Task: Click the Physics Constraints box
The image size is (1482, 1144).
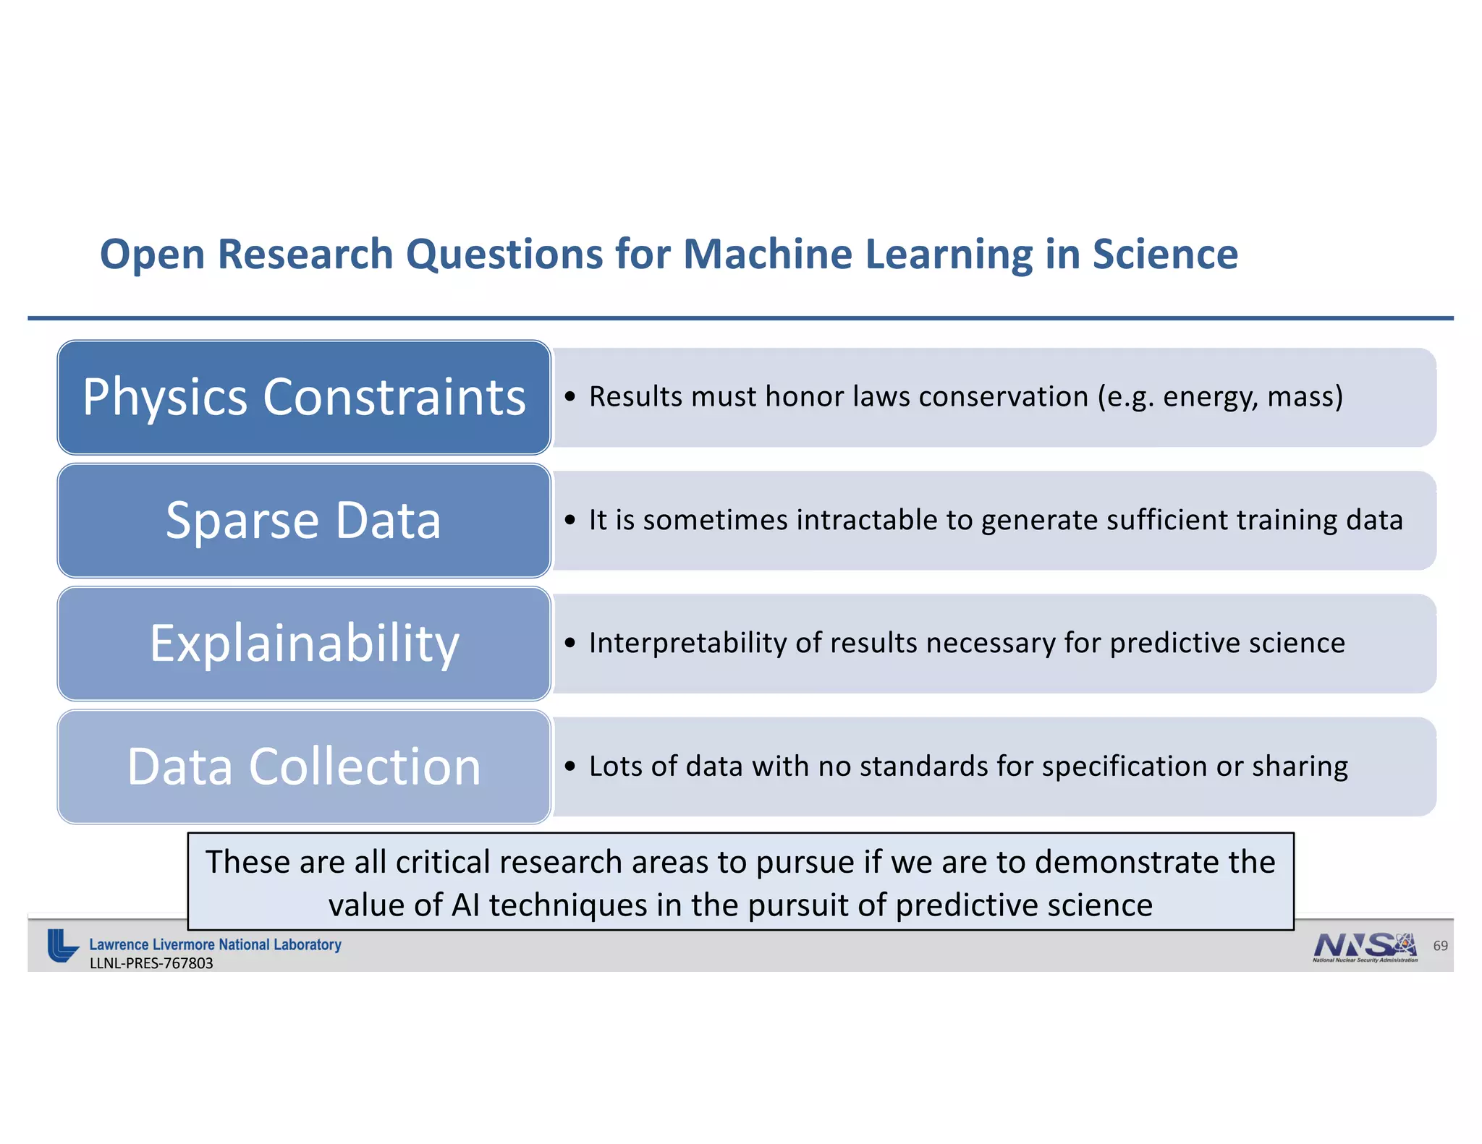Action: (304, 397)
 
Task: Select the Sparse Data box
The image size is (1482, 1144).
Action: (304, 520)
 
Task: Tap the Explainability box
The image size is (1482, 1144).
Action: (304, 643)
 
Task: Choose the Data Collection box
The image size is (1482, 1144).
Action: (304, 767)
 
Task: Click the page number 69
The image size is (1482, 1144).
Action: (1440, 946)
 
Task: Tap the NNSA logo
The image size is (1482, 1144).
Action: (1365, 947)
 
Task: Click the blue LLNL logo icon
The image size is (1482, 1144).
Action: (62, 946)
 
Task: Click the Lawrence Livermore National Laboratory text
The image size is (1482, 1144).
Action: (215, 944)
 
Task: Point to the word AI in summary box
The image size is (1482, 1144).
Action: (465, 905)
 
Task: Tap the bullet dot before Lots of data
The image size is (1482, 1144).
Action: (570, 767)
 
